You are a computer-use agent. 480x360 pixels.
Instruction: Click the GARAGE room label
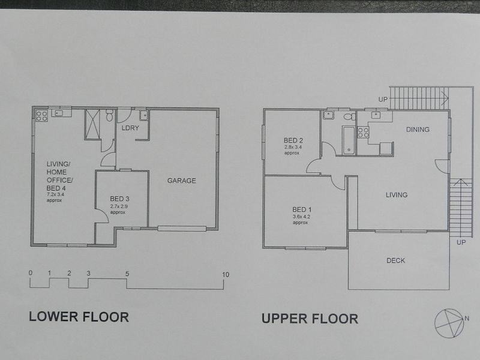(x=182, y=181)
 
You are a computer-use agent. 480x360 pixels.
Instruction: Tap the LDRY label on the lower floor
(x=130, y=128)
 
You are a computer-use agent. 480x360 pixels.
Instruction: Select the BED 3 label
(x=119, y=199)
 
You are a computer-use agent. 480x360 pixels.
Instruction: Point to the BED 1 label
(x=302, y=209)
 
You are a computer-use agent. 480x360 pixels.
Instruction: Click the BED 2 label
(x=293, y=140)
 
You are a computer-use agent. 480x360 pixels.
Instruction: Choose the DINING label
(x=418, y=130)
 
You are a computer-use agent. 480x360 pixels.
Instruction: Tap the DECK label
(x=396, y=260)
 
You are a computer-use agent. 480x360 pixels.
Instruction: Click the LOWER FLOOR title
(x=79, y=317)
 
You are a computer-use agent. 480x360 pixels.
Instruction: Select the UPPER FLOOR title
(x=310, y=319)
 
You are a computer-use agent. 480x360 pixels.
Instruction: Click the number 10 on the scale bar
(x=226, y=275)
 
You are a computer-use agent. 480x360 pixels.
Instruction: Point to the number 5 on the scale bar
(x=127, y=274)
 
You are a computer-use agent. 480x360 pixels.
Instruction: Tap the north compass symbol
(x=449, y=323)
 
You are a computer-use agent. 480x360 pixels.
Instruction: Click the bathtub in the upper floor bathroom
(x=349, y=140)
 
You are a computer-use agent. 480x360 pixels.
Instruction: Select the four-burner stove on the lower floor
(x=41, y=116)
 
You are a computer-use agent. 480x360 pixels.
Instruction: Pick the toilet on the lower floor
(x=109, y=115)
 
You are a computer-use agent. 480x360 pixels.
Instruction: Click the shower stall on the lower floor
(x=92, y=125)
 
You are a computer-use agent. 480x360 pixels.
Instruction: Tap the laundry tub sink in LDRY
(x=143, y=115)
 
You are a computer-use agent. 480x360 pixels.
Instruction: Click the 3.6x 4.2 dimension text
(x=302, y=217)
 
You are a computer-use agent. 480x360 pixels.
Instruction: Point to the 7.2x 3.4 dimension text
(x=55, y=194)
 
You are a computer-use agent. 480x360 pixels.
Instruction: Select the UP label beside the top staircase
(x=383, y=100)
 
